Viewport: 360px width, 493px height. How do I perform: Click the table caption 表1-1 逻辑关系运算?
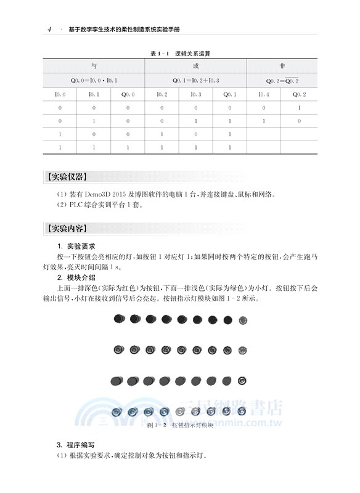(180, 54)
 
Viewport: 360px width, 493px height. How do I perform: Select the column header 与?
(94, 66)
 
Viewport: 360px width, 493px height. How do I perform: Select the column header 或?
(196, 66)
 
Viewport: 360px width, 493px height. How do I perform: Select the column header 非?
(282, 66)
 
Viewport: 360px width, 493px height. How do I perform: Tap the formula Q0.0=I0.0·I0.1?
(94, 80)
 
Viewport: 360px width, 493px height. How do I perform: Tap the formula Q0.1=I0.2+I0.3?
(196, 80)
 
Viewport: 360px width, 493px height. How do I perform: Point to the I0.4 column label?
(264, 94)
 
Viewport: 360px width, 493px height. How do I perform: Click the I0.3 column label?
(196, 94)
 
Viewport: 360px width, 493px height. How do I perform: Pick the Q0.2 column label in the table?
(299, 94)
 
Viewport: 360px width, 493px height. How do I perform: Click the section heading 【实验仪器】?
(67, 178)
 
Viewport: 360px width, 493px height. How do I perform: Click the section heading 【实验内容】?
(67, 228)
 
